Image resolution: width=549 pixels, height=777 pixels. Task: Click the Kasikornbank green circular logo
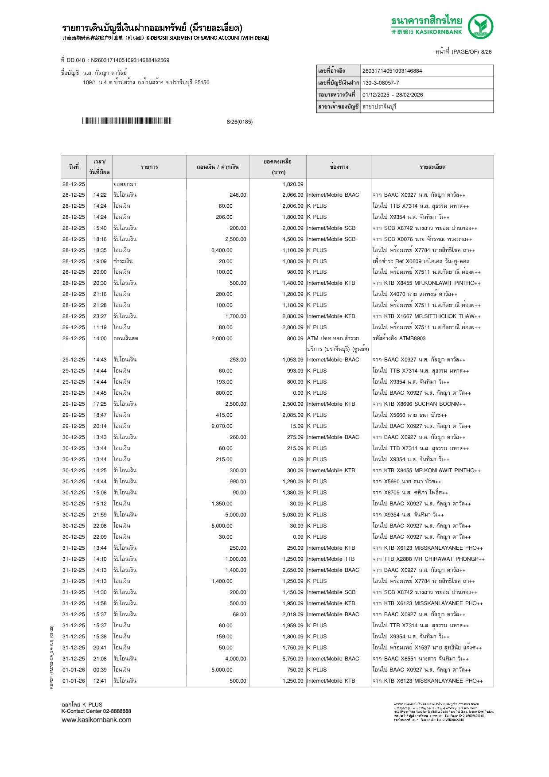pyautogui.click(x=480, y=27)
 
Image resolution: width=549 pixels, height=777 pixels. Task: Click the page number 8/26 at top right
pyautogui.click(x=486, y=52)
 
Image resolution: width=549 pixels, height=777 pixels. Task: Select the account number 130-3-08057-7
pyautogui.click(x=381, y=83)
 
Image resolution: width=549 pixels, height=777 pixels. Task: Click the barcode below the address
pyautogui.click(x=126, y=121)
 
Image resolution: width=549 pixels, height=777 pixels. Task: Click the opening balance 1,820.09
pyautogui.click(x=293, y=184)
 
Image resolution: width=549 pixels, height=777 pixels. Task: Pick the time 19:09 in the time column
pyautogui.click(x=100, y=261)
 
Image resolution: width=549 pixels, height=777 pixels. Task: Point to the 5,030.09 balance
pyautogui.click(x=293, y=515)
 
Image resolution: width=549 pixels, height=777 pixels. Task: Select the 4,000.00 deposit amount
pyautogui.click(x=235, y=659)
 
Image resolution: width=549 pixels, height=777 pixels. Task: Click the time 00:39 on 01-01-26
pyautogui.click(x=100, y=670)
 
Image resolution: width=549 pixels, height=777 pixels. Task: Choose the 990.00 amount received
pyautogui.click(x=238, y=482)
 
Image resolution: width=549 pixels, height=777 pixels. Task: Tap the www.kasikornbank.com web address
pyautogui.click(x=96, y=719)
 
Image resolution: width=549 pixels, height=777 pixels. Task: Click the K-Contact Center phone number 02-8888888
pyautogui.click(x=117, y=711)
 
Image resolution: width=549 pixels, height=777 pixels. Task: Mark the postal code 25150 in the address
pyautogui.click(x=202, y=82)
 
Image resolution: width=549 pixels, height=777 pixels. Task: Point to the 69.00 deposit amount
pyautogui.click(x=239, y=614)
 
